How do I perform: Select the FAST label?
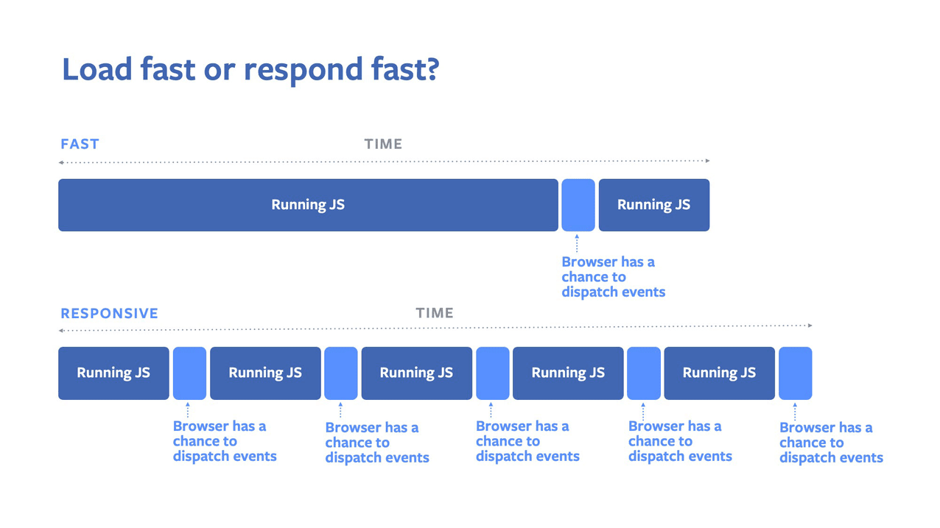pyautogui.click(x=80, y=144)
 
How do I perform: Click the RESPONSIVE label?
pyautogui.click(x=109, y=314)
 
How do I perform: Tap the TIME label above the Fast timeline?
pyautogui.click(x=383, y=144)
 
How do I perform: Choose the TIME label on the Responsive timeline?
pyautogui.click(x=435, y=313)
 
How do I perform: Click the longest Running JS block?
pyautogui.click(x=308, y=205)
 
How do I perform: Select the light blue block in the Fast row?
pyautogui.click(x=578, y=205)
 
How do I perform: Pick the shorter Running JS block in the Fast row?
pyautogui.click(x=653, y=205)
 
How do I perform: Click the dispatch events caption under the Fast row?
pyautogui.click(x=613, y=277)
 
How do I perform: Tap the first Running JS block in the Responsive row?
pyautogui.click(x=113, y=373)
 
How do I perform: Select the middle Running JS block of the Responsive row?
pyautogui.click(x=416, y=373)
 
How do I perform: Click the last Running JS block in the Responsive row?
pyautogui.click(x=719, y=373)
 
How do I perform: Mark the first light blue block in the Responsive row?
pyautogui.click(x=189, y=373)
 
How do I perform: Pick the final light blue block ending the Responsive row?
pyautogui.click(x=795, y=373)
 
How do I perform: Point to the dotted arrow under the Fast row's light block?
pyautogui.click(x=577, y=243)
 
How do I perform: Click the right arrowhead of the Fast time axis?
pyautogui.click(x=707, y=161)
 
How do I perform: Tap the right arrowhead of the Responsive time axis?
pyautogui.click(x=810, y=325)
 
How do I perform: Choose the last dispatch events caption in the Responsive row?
pyautogui.click(x=831, y=443)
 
